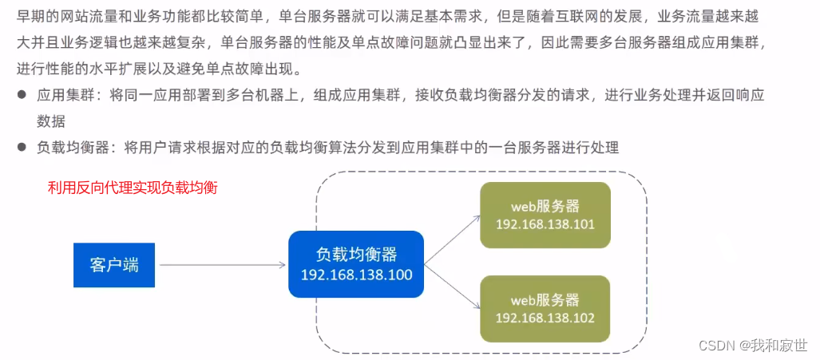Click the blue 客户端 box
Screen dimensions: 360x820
coord(114,264)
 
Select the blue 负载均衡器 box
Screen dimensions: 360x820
coord(356,265)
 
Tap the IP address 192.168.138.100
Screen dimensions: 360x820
coord(356,275)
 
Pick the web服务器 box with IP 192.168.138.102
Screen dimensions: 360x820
coord(545,308)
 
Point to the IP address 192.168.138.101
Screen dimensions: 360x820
coord(545,224)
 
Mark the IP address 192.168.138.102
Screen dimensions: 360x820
coord(545,318)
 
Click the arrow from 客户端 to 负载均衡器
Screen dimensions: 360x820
coord(221,264)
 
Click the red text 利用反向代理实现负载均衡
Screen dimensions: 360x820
coord(133,188)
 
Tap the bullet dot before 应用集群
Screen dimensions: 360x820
coord(22,95)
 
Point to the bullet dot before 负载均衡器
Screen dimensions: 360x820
coord(22,148)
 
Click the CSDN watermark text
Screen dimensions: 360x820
coord(716,345)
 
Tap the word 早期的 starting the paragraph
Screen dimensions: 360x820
coord(38,16)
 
